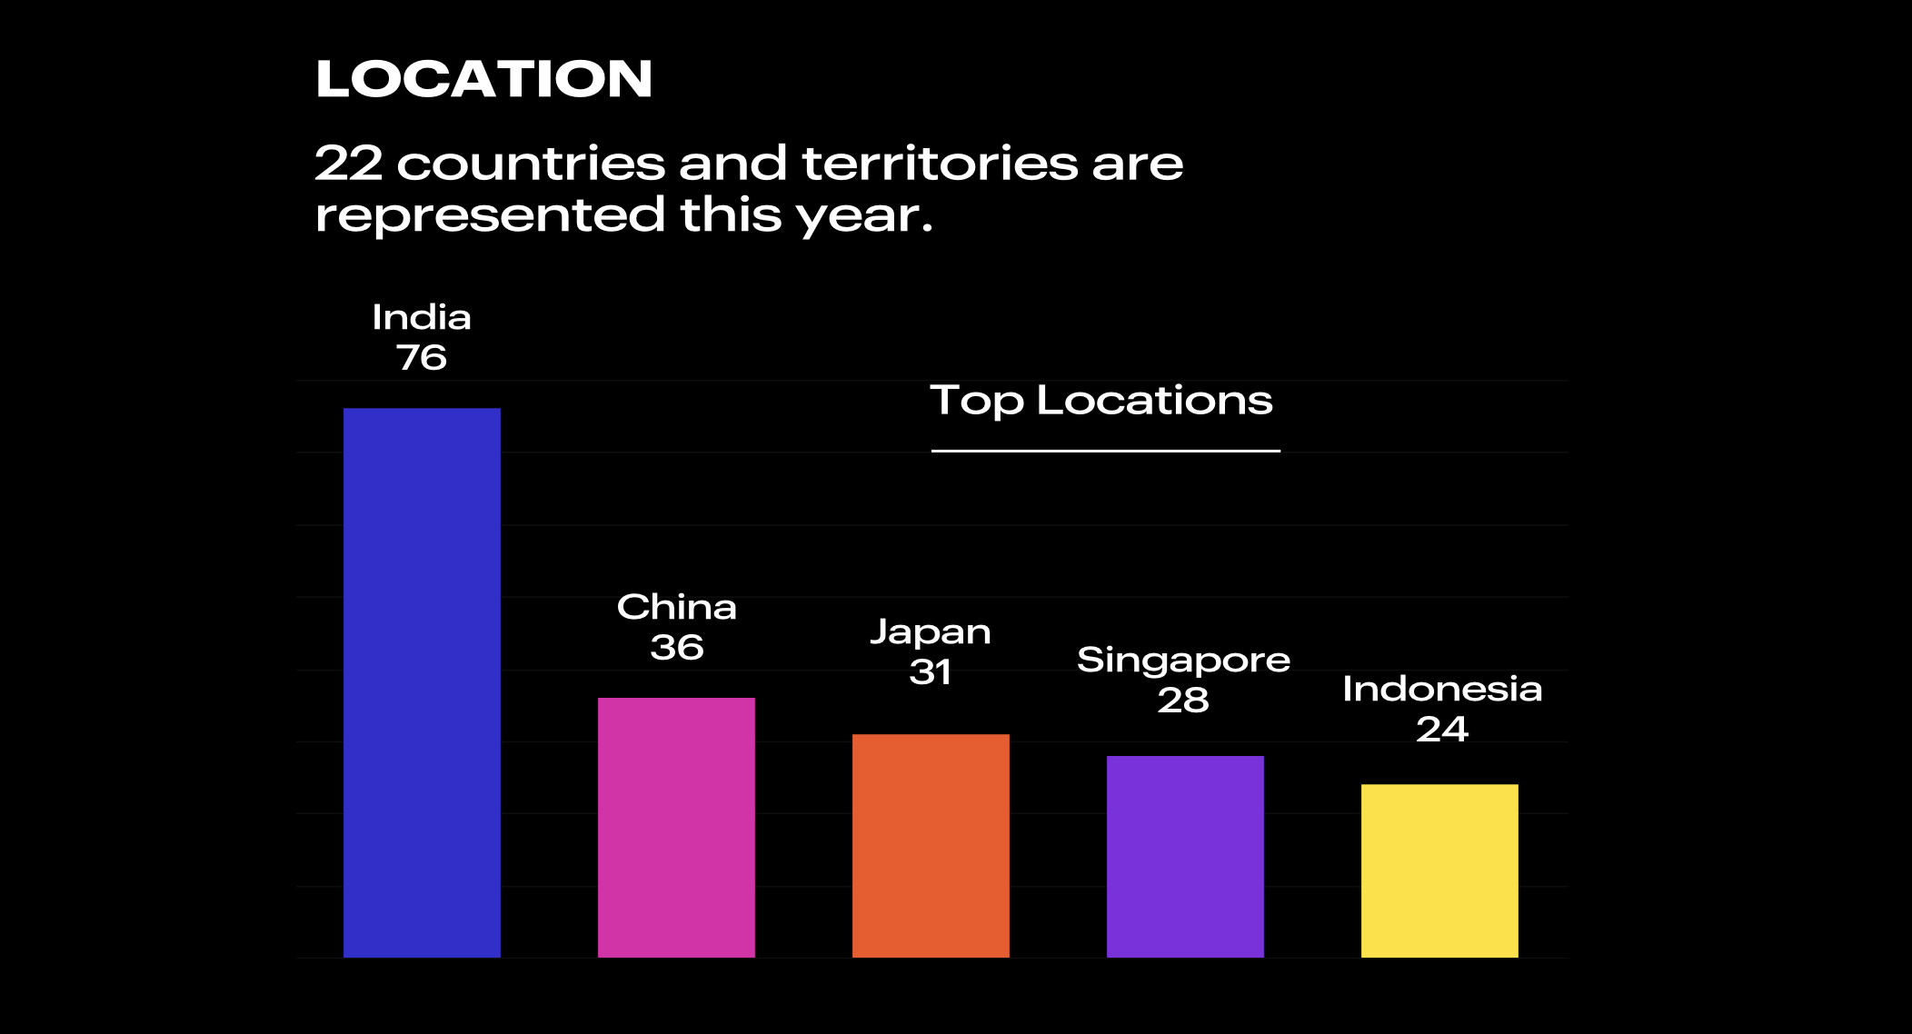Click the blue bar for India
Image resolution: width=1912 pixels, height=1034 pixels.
click(x=422, y=682)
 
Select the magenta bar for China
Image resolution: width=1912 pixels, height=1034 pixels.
click(x=676, y=827)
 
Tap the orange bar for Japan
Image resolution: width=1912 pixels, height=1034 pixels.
click(x=931, y=845)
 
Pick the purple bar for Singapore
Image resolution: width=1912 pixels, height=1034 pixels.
click(x=1185, y=856)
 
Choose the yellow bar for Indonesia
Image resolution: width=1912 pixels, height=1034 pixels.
click(x=1439, y=870)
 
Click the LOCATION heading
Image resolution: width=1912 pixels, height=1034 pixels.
click(x=483, y=79)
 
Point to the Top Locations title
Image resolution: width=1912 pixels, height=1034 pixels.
click(x=1101, y=401)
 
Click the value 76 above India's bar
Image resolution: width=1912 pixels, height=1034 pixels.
click(x=422, y=358)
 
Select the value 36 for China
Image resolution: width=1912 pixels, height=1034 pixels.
click(x=677, y=648)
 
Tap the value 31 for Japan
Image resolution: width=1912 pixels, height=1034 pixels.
click(x=931, y=672)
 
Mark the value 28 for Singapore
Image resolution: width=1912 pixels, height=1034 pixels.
click(x=1183, y=701)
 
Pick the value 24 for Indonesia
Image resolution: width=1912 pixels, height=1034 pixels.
click(x=1442, y=730)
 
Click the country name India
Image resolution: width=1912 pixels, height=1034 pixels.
click(x=422, y=318)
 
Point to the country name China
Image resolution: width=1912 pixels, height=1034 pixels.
click(x=677, y=607)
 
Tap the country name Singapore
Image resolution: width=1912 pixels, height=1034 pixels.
click(x=1183, y=661)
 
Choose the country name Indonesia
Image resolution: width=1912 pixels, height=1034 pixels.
click(x=1442, y=690)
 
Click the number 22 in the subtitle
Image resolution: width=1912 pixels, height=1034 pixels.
click(x=349, y=164)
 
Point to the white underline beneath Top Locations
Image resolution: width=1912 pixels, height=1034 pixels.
click(x=1105, y=451)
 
